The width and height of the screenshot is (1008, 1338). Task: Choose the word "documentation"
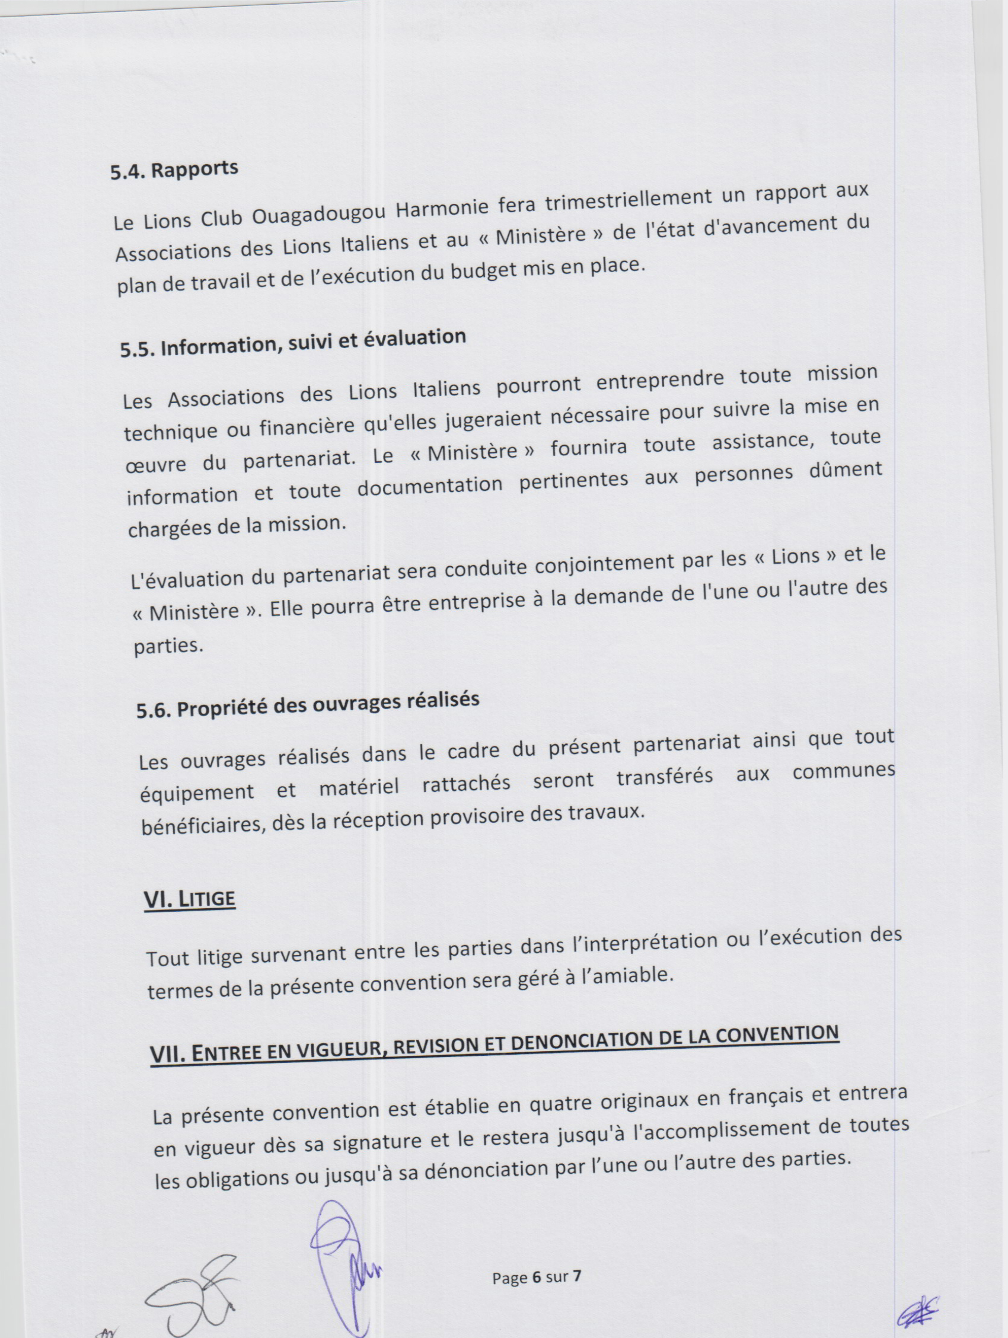click(x=429, y=487)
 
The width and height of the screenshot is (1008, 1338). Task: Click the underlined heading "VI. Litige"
click(x=189, y=899)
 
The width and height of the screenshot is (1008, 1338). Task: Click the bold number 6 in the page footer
click(x=536, y=1278)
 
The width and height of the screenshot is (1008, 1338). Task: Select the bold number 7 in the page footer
click(x=577, y=1276)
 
